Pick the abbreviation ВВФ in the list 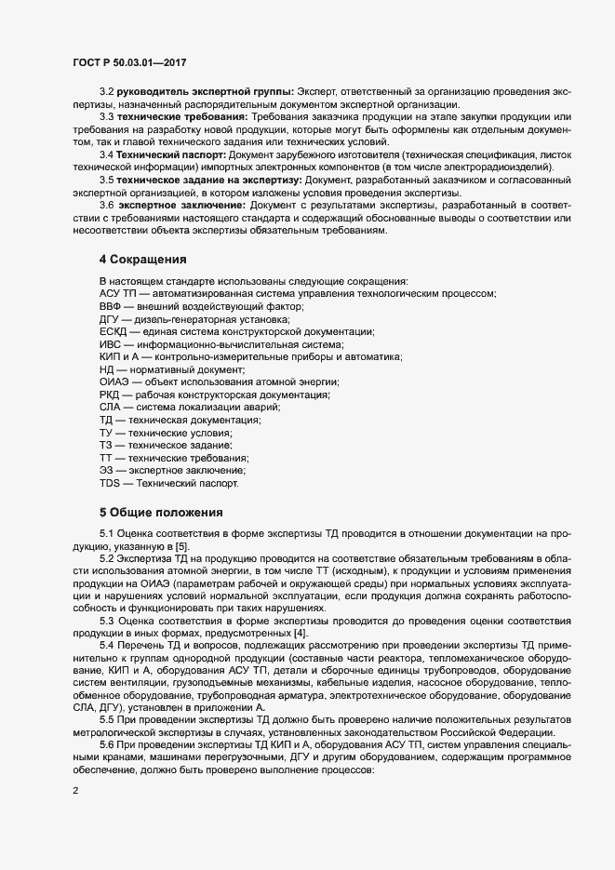[111, 306]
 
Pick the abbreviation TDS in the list [110, 485]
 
